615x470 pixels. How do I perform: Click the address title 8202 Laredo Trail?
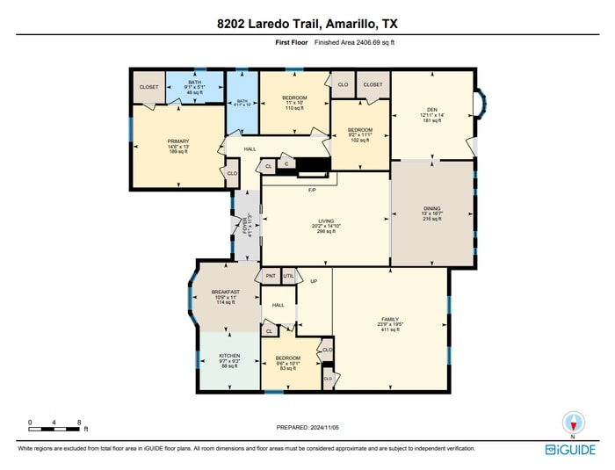[307, 24]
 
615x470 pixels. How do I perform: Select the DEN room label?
[432, 110]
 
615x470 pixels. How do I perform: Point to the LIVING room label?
[326, 221]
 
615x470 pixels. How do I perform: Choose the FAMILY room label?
[390, 320]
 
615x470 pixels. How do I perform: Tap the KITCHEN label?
[229, 356]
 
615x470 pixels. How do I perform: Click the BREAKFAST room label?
[226, 293]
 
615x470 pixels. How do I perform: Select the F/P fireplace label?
[311, 190]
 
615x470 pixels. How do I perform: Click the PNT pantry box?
[271, 276]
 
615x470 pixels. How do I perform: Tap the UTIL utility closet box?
[288, 276]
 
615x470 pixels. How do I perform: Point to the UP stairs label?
[313, 281]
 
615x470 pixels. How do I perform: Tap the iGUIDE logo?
[570, 448]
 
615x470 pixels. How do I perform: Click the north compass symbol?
[573, 423]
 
